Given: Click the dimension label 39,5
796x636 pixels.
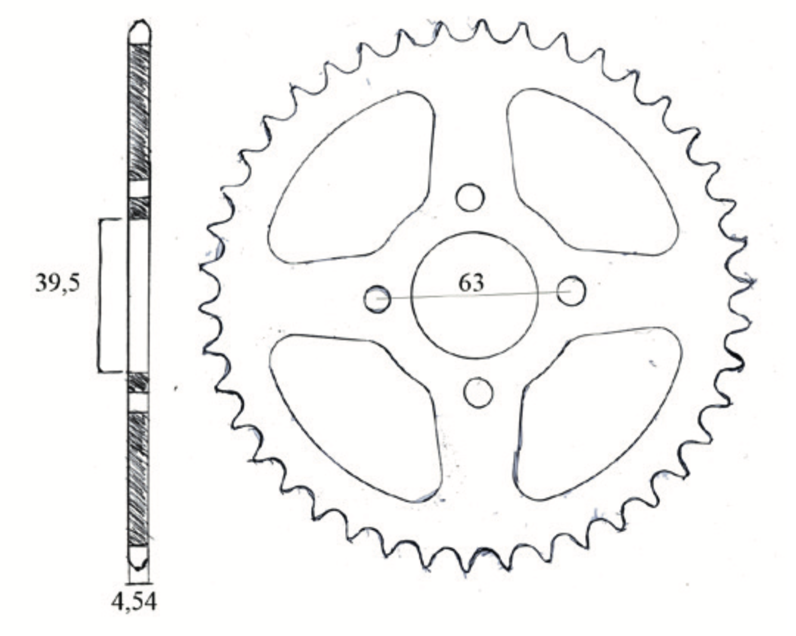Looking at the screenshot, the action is [58, 283].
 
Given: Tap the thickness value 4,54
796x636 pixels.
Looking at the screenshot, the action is [134, 602].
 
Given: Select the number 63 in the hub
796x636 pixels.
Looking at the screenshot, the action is [471, 283].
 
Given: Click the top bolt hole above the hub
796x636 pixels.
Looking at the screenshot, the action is [470, 198].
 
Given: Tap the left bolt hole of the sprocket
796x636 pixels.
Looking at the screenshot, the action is [377, 299].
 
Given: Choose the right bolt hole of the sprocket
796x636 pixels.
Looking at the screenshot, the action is [571, 290].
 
